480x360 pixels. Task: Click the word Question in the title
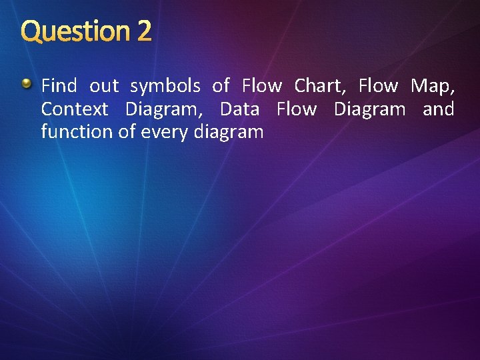75,31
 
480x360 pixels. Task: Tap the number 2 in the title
144,31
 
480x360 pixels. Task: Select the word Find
59,86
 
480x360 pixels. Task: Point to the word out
104,86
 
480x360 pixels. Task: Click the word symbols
165,86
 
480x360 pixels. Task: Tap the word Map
433,86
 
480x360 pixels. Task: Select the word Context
74,109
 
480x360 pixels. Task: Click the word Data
239,109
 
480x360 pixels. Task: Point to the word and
439,109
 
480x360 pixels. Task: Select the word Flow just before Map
378,86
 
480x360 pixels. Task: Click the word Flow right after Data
297,109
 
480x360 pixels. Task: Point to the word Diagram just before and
369,109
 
